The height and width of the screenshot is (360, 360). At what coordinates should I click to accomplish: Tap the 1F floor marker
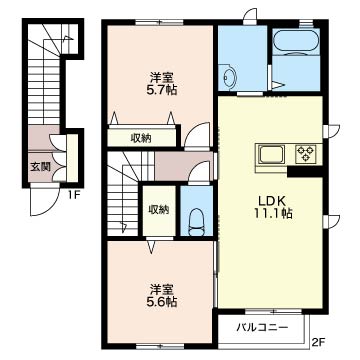(74, 193)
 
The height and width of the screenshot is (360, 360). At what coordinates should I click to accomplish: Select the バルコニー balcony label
(263, 326)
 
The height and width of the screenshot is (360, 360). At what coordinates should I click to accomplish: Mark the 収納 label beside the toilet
(158, 209)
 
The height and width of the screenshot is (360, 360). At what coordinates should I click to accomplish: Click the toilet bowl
(197, 218)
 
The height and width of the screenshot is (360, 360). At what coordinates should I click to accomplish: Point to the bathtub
(294, 45)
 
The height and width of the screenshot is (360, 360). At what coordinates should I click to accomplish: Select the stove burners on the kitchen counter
(303, 155)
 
